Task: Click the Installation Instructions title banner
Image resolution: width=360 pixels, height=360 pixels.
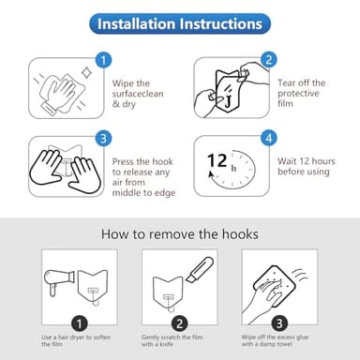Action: coord(179,22)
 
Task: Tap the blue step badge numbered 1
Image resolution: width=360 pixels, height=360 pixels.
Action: coord(104,60)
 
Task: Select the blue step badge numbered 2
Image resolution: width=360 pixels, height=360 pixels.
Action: coord(269,60)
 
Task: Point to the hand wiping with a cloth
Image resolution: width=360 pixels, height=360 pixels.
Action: coord(64,90)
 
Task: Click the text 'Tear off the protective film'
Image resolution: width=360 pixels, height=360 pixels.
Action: coord(303,94)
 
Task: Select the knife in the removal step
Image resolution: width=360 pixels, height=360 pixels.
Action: coord(194,274)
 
